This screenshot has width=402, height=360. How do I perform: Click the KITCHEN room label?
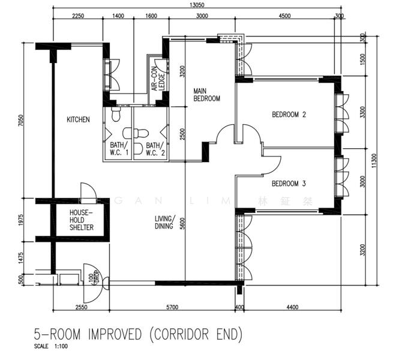pos(78,119)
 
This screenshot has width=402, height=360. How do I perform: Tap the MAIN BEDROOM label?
pos(206,95)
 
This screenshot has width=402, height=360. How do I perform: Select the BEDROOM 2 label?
pos(289,115)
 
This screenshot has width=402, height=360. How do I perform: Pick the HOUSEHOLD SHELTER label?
pos(81,220)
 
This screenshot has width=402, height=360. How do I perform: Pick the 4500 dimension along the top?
pos(284,16)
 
